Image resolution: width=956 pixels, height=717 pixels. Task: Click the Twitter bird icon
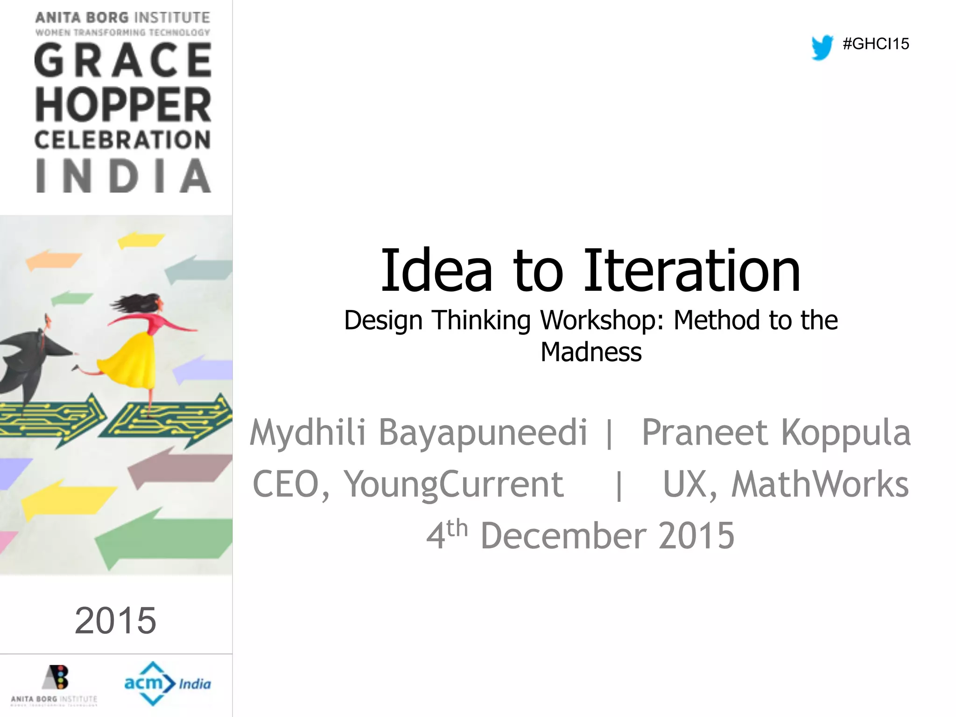822,47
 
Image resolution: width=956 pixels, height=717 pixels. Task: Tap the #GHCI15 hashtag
876,44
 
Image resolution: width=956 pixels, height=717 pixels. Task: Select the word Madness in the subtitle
591,352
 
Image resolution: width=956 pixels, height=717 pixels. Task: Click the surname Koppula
846,432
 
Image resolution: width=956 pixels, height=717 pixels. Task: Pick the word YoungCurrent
454,484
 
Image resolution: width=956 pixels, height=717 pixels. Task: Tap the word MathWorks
820,484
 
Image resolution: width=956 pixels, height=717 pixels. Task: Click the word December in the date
564,535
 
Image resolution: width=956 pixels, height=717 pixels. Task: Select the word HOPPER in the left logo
123,105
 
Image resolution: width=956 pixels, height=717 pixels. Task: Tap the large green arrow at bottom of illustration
168,537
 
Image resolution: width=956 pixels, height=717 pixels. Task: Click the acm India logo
167,683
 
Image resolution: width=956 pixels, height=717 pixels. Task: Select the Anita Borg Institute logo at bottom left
55,684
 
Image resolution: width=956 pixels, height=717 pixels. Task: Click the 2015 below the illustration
115,620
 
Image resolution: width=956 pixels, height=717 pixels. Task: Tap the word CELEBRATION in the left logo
122,140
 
